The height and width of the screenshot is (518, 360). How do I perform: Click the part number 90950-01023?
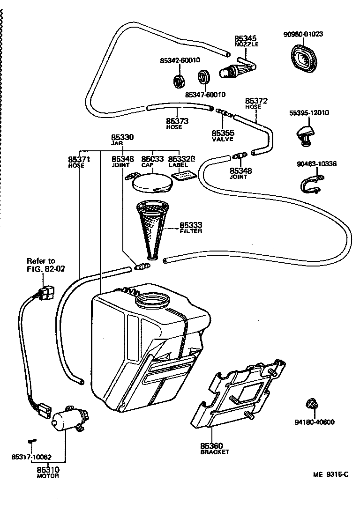[x=303, y=34]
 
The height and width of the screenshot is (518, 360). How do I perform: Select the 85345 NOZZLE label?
[x=246, y=41]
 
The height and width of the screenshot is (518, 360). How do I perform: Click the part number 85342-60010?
[x=180, y=60]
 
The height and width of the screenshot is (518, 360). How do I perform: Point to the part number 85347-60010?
[x=205, y=95]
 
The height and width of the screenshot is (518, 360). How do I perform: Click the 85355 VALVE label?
[x=222, y=135]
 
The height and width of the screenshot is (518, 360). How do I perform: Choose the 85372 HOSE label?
[x=256, y=103]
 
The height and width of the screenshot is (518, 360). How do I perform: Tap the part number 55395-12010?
[x=309, y=113]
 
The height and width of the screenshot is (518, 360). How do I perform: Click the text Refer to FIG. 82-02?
[x=41, y=265]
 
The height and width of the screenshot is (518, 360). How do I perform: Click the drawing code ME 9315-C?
[x=331, y=474]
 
